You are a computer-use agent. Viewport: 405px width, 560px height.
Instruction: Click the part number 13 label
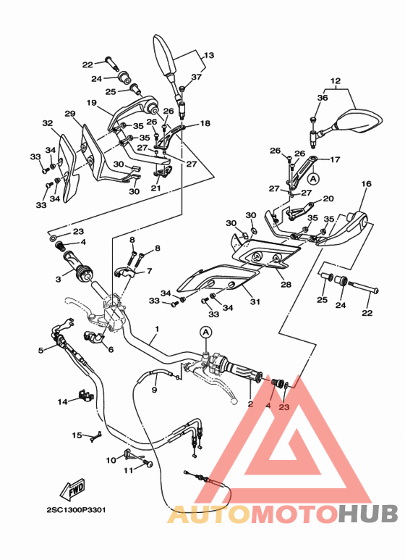[208, 56]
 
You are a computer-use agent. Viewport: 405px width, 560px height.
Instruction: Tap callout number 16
[366, 185]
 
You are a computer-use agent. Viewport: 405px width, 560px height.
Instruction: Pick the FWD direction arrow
[75, 492]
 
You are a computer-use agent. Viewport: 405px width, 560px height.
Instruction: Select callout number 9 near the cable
[154, 390]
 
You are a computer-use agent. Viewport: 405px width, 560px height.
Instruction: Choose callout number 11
[127, 470]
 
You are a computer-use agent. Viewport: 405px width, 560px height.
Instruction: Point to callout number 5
[40, 350]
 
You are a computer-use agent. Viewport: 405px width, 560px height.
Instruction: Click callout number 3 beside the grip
[57, 278]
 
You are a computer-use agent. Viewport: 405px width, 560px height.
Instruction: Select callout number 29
[70, 114]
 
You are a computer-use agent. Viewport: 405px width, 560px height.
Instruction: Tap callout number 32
[47, 124]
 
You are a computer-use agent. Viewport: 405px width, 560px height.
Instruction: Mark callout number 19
[92, 103]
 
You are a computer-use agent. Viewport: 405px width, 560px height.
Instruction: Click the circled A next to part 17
[312, 177]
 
